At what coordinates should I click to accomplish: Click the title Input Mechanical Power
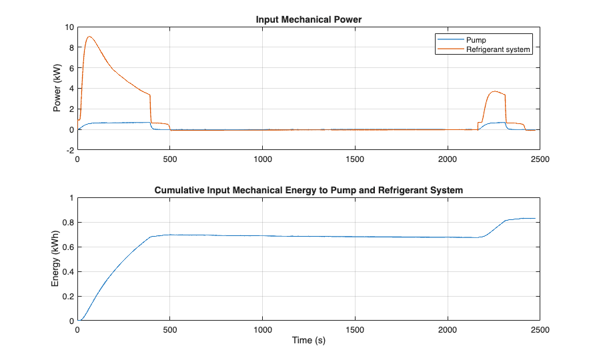pyautogui.click(x=309, y=20)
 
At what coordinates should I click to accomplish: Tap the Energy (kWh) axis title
pyautogui.click(x=55, y=259)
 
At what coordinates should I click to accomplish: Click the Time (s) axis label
pyautogui.click(x=309, y=341)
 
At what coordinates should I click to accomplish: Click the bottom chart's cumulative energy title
pyautogui.click(x=309, y=191)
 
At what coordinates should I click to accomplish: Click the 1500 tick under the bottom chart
pyautogui.click(x=355, y=330)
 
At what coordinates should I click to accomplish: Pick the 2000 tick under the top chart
pyautogui.click(x=448, y=160)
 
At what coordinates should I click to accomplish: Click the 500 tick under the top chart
pyautogui.click(x=170, y=160)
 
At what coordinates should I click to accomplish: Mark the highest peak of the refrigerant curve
pyautogui.click(x=89, y=37)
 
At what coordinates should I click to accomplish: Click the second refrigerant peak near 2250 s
pyautogui.click(x=494, y=91)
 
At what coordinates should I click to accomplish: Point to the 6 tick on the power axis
pyautogui.click(x=70, y=69)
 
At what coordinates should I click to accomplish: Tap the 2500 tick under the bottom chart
pyautogui.click(x=540, y=330)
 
